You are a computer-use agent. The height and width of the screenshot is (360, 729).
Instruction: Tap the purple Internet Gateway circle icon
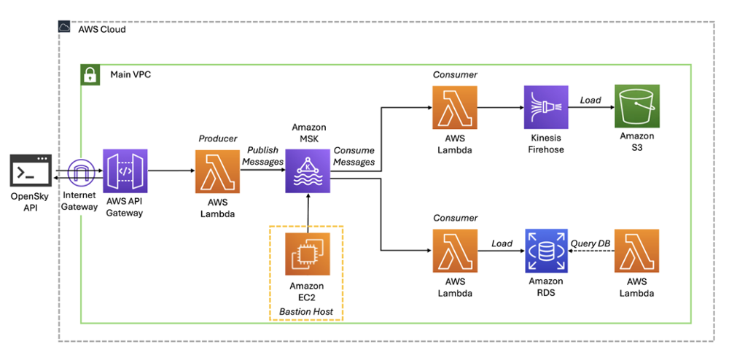click(x=79, y=172)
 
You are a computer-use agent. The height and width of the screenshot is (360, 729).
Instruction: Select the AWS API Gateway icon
click(x=125, y=172)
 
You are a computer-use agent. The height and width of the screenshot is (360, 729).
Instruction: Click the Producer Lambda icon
click(x=217, y=172)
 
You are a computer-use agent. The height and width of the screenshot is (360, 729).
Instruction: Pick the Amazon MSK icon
click(x=308, y=172)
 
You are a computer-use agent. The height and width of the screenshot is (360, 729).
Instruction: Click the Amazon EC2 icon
click(x=307, y=255)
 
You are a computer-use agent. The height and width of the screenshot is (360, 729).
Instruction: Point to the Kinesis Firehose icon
click(x=545, y=108)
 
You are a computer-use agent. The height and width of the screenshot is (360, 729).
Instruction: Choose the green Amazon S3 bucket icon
click(x=637, y=108)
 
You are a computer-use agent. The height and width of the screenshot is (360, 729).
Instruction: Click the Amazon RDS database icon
click(x=545, y=251)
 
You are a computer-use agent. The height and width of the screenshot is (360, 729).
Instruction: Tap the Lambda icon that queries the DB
click(x=637, y=251)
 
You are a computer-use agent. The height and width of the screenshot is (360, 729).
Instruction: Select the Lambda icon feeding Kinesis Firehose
click(x=454, y=108)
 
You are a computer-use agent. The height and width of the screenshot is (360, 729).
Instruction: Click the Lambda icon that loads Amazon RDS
click(x=454, y=251)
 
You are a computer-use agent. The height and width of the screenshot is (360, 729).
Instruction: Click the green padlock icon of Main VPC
click(x=90, y=74)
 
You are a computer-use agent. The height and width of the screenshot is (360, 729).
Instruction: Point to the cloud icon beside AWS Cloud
click(x=66, y=28)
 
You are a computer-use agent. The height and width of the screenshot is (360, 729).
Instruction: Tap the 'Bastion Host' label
click(x=306, y=312)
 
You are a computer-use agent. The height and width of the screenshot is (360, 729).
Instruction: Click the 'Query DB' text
click(x=590, y=243)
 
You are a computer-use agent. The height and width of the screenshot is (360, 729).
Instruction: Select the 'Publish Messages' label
click(x=262, y=156)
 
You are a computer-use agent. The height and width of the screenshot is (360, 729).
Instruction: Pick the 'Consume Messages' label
click(x=354, y=156)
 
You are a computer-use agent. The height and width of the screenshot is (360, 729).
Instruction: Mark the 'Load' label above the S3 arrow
click(x=590, y=100)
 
